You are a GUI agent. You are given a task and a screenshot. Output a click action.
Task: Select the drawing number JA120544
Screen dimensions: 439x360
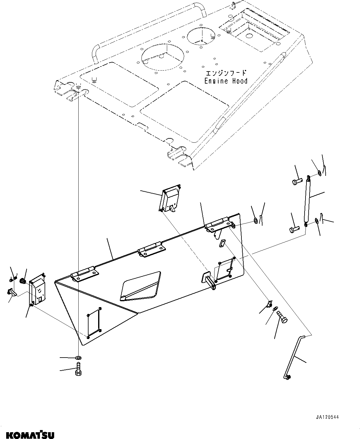(x=327, y=417)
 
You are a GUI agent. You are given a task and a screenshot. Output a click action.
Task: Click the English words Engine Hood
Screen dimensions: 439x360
(x=226, y=81)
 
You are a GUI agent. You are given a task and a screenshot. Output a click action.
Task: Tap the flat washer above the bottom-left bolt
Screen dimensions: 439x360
(x=78, y=358)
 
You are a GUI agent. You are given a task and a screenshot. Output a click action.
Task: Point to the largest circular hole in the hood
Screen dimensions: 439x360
(x=163, y=56)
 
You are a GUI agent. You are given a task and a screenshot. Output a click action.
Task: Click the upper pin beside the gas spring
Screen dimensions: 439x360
(x=297, y=181)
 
